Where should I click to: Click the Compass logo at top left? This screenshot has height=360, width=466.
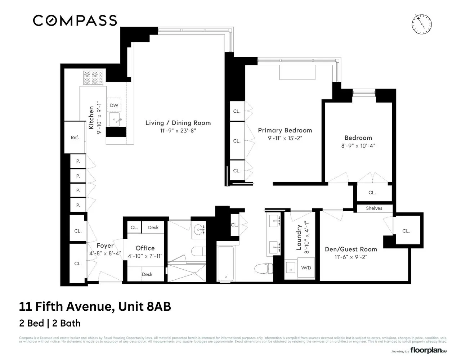pos(75,21)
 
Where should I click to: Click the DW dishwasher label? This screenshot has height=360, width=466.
pos(114,105)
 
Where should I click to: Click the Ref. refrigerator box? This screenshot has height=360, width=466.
pos(75,137)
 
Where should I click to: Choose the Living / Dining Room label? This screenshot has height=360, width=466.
pos(178,123)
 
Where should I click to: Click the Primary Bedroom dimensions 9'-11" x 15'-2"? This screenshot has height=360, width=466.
pos(285,138)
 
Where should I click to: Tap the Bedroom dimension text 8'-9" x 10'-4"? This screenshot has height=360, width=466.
pos(358,146)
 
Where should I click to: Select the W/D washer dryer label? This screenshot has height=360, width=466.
pos(306,268)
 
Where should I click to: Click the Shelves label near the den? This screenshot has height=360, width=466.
pos(374,208)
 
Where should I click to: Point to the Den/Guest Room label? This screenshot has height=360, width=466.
pos(351,249)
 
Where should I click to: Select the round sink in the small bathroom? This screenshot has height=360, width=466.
pos(199,229)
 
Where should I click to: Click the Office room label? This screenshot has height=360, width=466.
pos(145,248)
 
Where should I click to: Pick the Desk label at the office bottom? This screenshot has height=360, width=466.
pos(147,274)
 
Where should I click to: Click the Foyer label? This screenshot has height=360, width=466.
pos(105,246)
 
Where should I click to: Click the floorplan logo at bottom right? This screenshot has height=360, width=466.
pos(428,350)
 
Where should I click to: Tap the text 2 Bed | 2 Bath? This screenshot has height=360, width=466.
pos(50,323)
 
